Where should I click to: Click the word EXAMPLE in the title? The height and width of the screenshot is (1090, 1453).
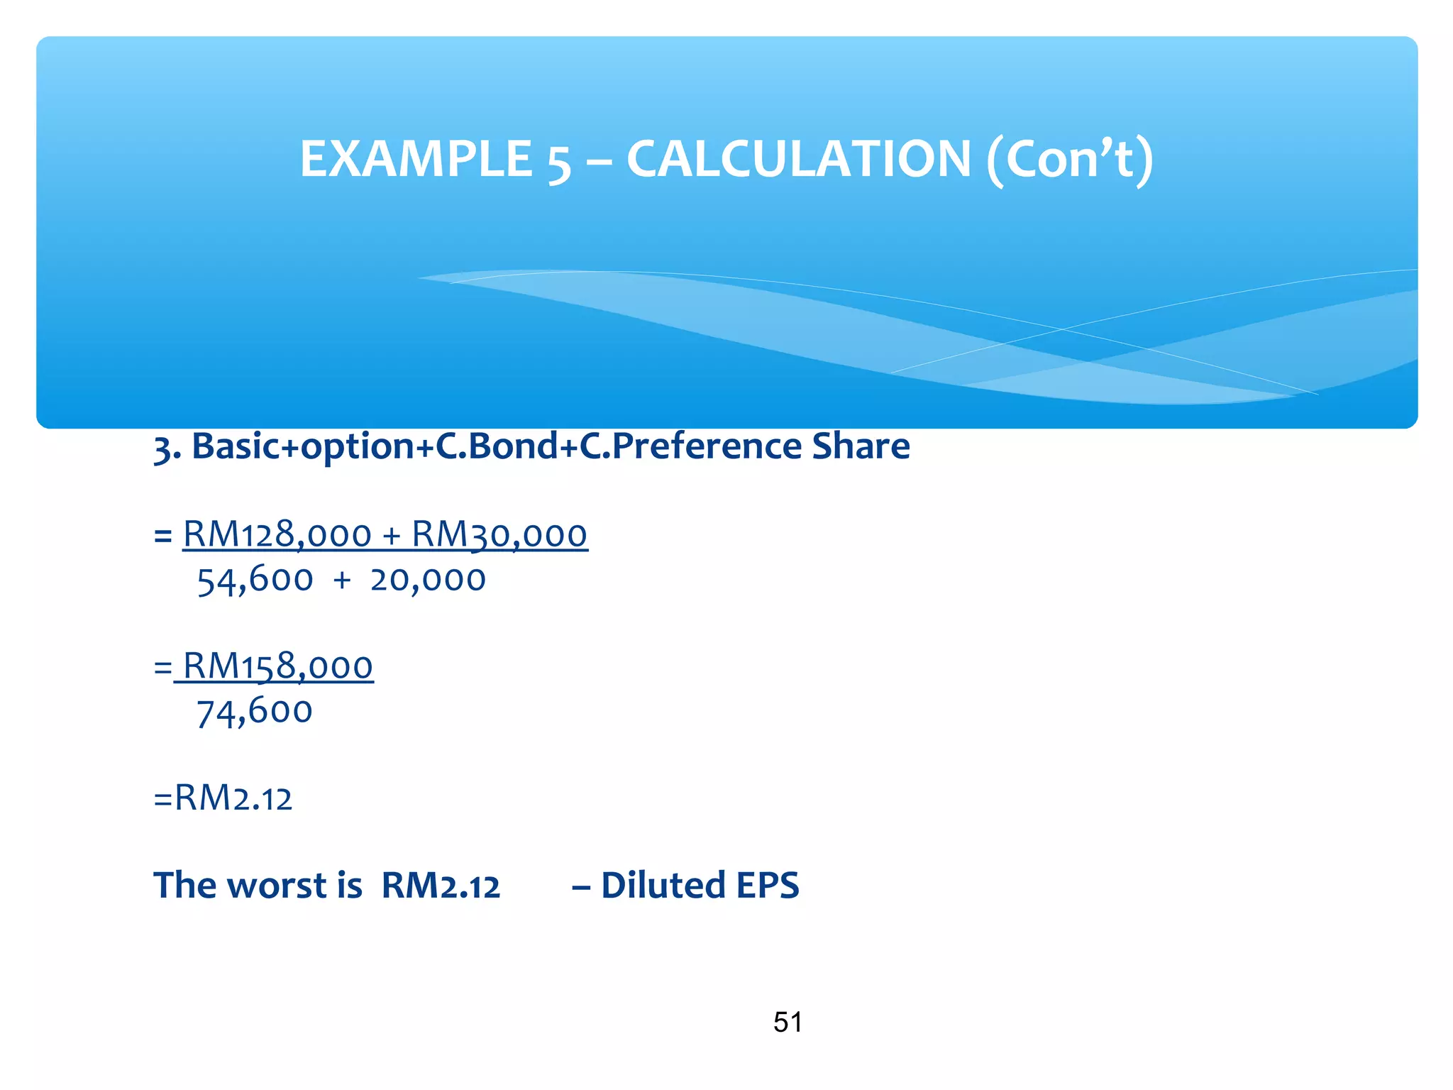coord(416,159)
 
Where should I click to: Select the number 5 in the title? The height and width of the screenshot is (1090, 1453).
coord(559,162)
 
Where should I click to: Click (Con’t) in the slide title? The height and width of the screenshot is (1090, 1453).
coord(1070,160)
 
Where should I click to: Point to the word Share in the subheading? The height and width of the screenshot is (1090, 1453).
coord(861,446)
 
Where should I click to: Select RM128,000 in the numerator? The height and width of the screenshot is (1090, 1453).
coord(277,534)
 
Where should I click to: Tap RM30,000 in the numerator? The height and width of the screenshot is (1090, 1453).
coord(499,534)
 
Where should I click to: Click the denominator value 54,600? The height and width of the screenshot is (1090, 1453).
coord(255,580)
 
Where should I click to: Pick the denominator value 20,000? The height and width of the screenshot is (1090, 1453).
coord(428,580)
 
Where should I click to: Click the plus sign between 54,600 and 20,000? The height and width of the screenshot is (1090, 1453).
coord(342,580)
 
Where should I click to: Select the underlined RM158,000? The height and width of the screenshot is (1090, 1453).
coord(277,667)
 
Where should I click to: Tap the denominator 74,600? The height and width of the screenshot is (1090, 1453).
coord(254,712)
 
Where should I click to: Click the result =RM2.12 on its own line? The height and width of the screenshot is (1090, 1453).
coord(223,798)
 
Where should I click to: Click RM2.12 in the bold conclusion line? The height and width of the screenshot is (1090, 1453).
coord(441,886)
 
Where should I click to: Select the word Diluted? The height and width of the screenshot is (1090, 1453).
coord(663,886)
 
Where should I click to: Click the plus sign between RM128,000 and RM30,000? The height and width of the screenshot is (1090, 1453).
coord(392,536)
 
